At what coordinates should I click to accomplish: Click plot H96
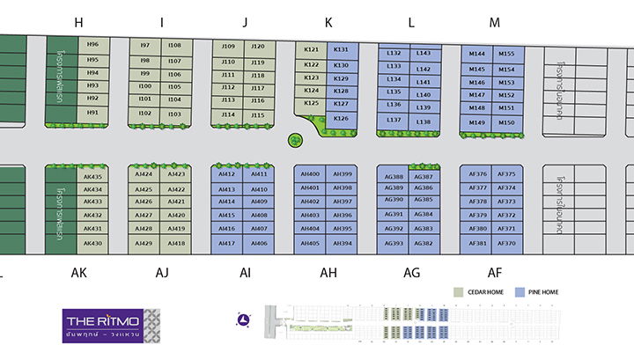[92, 45]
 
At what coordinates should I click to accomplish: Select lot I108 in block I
[174, 46]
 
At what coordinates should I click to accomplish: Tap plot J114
[228, 114]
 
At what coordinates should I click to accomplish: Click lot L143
[423, 54]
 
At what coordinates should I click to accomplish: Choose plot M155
[506, 54]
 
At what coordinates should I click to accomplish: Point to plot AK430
[92, 243]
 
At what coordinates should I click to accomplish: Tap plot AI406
[259, 243]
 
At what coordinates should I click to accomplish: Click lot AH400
[310, 174]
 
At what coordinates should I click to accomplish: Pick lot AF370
[506, 243]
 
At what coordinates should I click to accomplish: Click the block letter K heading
[328, 23]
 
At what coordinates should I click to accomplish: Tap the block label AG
[411, 274]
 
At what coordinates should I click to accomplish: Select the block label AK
[78, 274]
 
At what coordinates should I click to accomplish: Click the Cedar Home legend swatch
[458, 291]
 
